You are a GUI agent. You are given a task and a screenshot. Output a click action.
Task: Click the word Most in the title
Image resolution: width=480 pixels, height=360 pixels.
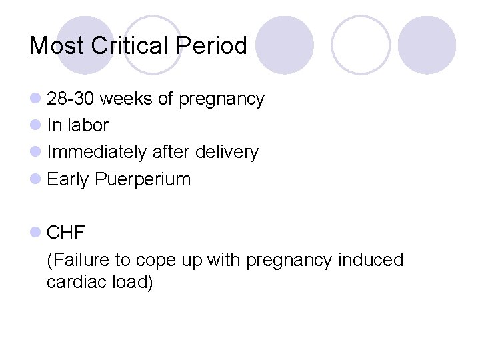(56, 45)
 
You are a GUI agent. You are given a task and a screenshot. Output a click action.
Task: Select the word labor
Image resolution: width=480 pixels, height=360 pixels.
(87, 125)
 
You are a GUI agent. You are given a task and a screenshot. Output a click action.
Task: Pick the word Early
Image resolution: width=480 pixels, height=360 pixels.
(69, 179)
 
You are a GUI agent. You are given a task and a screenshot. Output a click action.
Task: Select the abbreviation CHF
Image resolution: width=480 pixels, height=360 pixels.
(66, 233)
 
